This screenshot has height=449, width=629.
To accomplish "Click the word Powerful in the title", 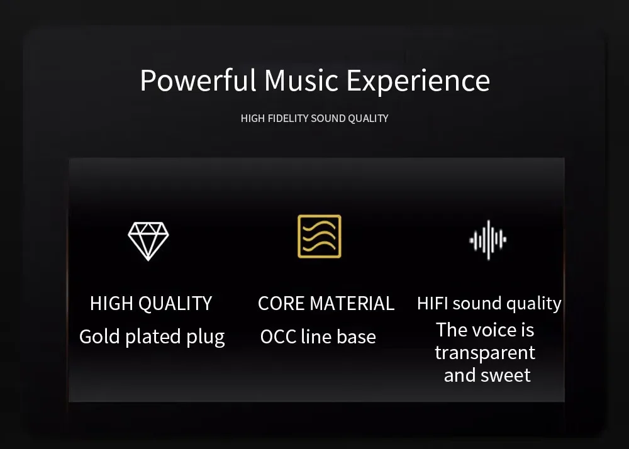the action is (x=198, y=80).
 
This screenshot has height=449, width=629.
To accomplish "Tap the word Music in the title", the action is (x=301, y=80).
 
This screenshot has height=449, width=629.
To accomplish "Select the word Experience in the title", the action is (x=418, y=81).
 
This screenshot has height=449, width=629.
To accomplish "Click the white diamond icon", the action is (x=148, y=241).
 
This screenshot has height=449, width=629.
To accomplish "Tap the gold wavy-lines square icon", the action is (x=320, y=236).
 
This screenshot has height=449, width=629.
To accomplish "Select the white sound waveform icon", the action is (x=488, y=240).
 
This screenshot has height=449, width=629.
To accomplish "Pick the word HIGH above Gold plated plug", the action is (x=113, y=303).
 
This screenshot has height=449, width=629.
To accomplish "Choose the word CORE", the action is (x=282, y=303).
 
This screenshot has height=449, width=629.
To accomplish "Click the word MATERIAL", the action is (x=352, y=303).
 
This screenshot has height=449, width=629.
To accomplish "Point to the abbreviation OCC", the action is (x=278, y=336).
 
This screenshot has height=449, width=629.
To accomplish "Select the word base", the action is (x=356, y=336).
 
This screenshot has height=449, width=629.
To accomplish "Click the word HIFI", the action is (x=433, y=303).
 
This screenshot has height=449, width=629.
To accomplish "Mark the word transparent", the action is (x=485, y=353).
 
